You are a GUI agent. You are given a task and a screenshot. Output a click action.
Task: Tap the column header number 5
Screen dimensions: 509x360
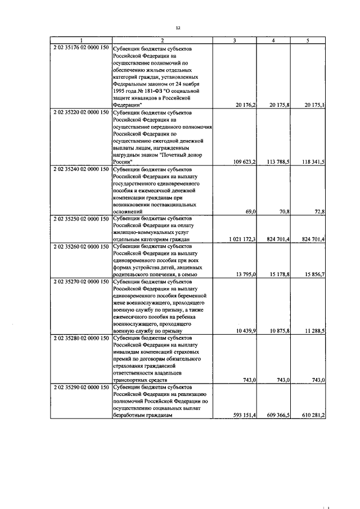point(308,40)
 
